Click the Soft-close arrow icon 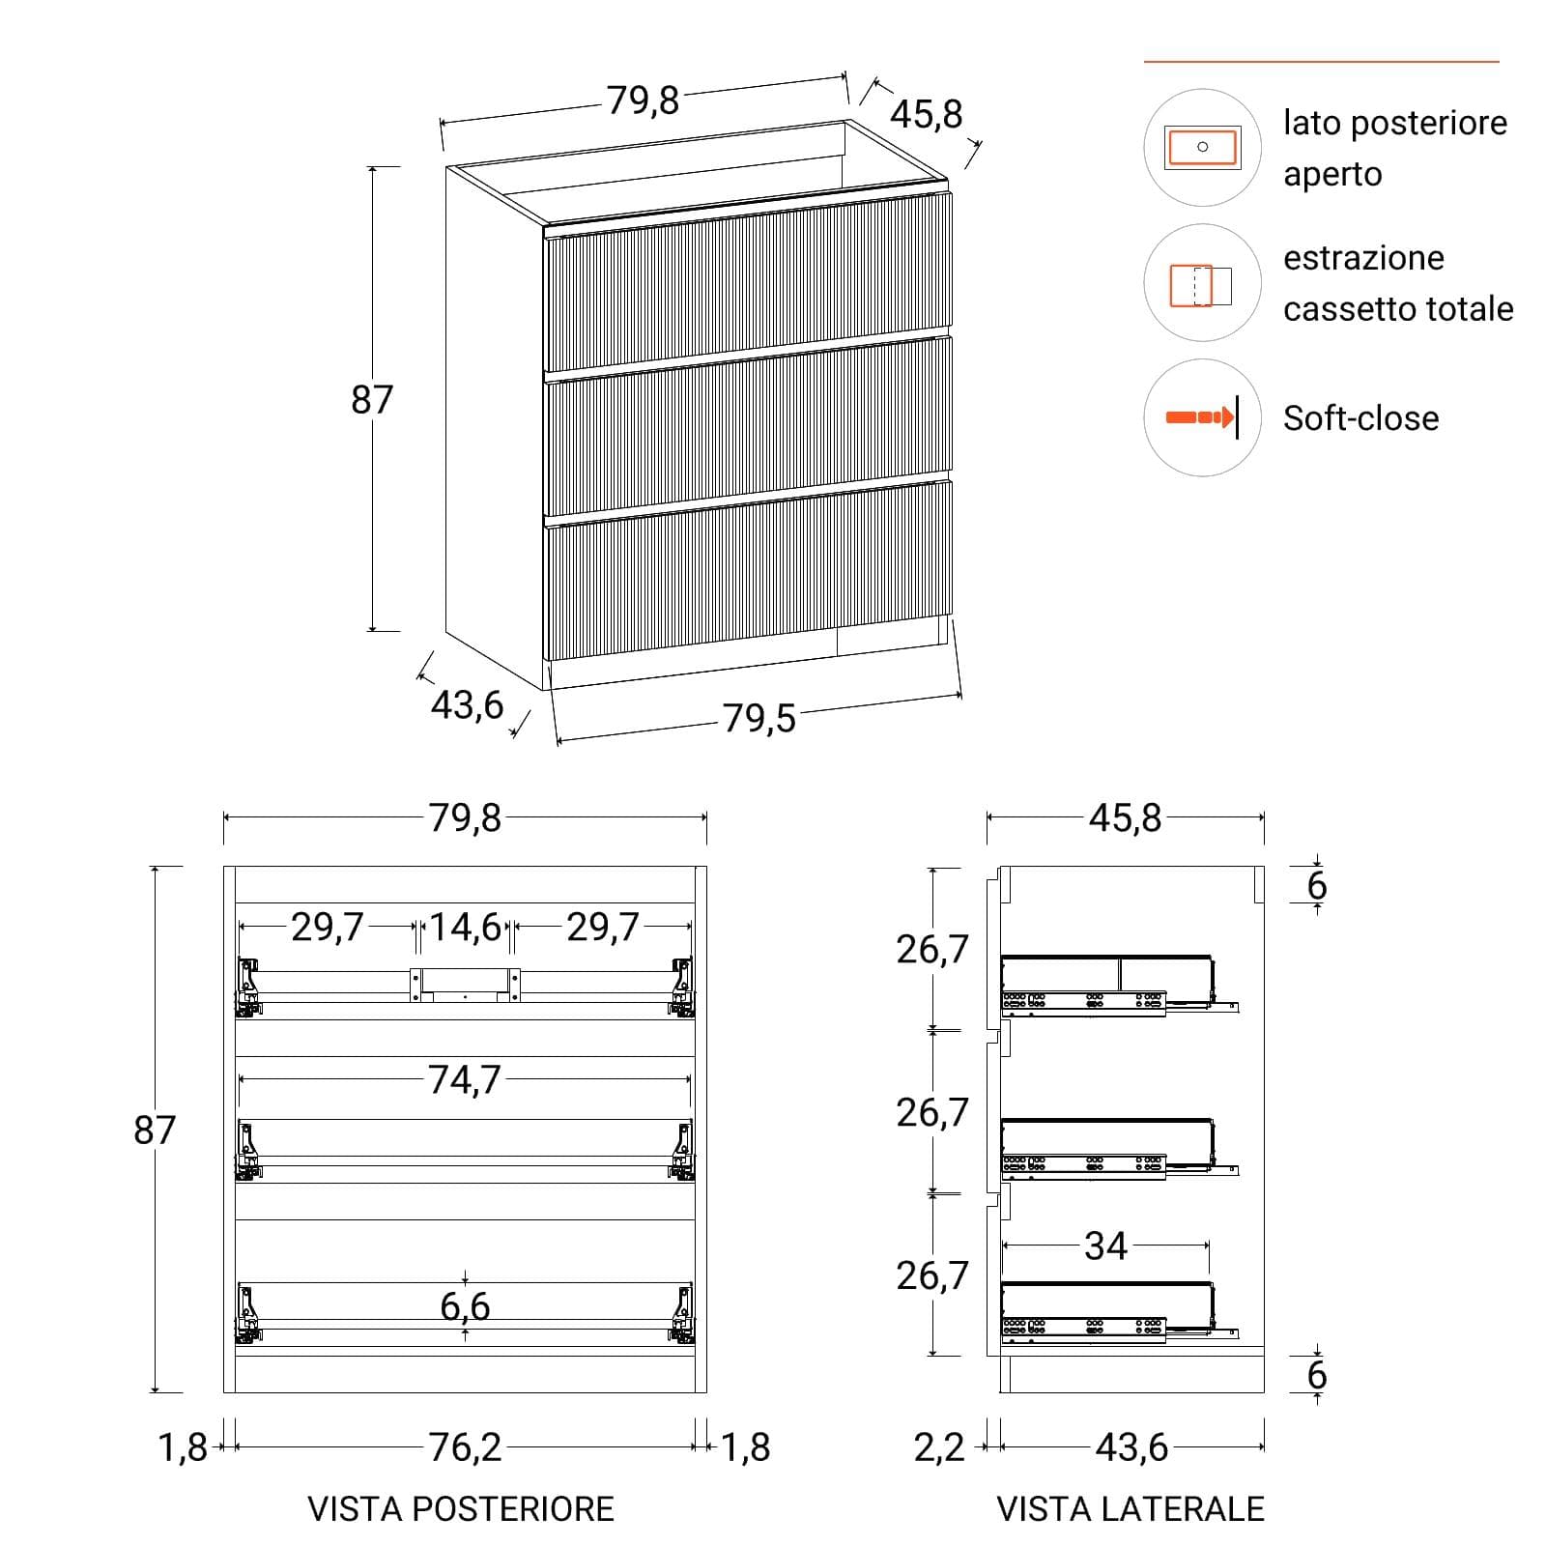coord(1202,417)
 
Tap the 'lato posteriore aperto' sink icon coord(1202,147)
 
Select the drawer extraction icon coord(1201,285)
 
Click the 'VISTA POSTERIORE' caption coord(461,1508)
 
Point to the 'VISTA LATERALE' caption coord(1131,1508)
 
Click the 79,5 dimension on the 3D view coord(759,718)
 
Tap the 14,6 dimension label coord(466,927)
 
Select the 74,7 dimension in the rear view coord(465,1079)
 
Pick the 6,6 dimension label coord(465,1306)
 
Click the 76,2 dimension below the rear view coord(466,1446)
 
